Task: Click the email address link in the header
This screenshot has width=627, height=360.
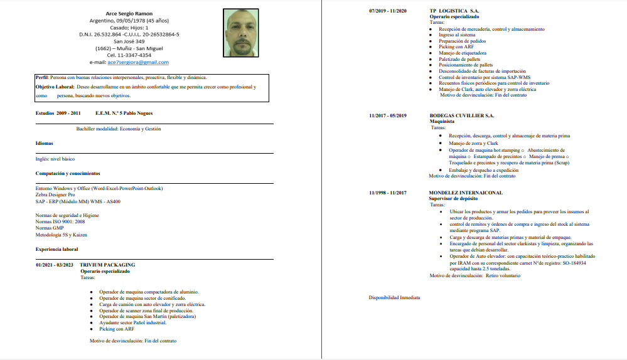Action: point(137,62)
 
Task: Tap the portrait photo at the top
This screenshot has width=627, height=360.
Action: point(241,33)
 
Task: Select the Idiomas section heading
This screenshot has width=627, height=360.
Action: point(45,144)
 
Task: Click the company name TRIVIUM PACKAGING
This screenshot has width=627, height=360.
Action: point(107,265)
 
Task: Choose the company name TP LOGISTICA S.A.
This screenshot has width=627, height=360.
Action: point(454,11)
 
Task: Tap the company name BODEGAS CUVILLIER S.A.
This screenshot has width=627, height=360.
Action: point(461,115)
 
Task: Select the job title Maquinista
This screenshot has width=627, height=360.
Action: point(442,121)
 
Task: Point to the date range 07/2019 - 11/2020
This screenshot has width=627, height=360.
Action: point(388,11)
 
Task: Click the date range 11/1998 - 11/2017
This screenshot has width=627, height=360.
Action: point(388,193)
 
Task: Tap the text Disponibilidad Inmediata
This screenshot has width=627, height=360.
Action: point(394,297)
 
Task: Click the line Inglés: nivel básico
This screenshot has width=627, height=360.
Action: point(55,159)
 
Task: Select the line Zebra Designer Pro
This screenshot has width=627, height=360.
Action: point(55,194)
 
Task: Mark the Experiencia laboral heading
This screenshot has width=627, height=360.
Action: point(57,250)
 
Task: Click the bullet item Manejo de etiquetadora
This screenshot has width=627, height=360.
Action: point(463,53)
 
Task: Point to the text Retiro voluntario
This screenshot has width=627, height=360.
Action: point(503,275)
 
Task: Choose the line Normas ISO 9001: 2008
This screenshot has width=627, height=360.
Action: point(60,221)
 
